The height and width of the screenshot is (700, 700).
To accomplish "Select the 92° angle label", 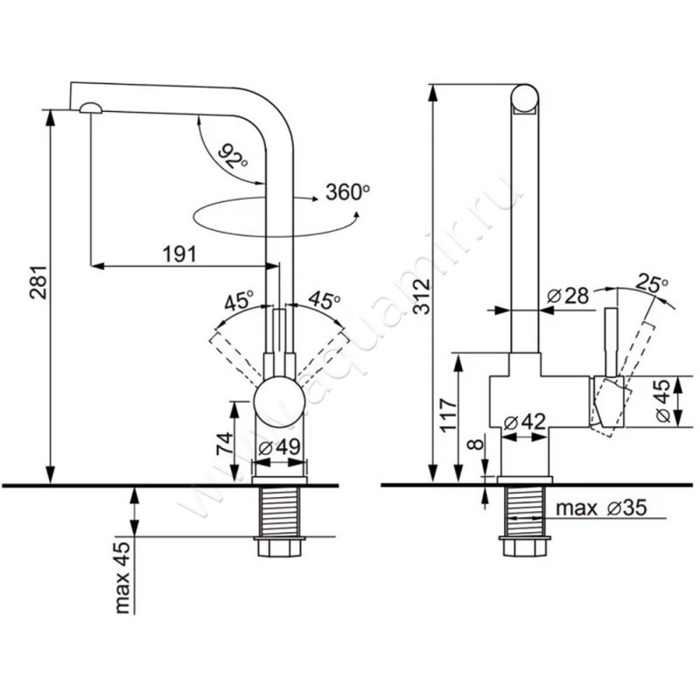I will tap(232, 158).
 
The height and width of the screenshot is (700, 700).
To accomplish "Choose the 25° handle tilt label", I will tap(651, 283).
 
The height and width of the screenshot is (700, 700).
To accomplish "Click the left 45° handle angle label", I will tap(238, 302).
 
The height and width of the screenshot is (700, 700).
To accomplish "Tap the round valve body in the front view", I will tap(279, 402).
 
